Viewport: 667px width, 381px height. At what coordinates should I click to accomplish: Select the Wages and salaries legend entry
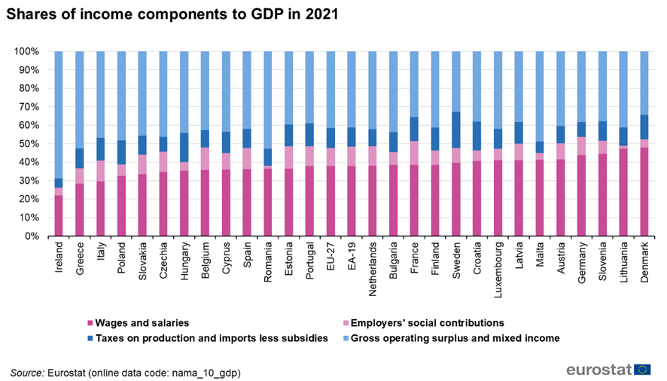138,323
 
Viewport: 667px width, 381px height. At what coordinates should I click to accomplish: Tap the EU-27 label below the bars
330,258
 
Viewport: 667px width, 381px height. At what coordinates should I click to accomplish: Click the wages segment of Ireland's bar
58,215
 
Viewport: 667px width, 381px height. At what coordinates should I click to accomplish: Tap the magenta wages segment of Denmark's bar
644,191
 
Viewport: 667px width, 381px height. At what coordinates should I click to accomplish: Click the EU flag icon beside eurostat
642,369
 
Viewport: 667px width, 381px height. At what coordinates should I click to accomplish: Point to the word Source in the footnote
26,372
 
